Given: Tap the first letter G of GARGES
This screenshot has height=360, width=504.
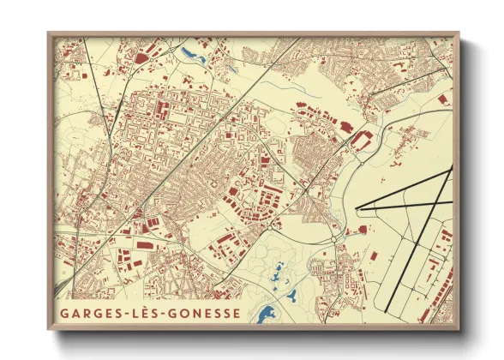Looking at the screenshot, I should point(64,313).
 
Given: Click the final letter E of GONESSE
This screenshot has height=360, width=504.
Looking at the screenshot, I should point(237,313).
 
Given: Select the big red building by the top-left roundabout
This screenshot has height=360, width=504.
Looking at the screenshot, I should point(141,58).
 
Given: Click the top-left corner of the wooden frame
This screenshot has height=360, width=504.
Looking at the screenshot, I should point(49,33).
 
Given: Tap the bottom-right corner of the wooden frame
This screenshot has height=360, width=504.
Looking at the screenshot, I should point(459,329).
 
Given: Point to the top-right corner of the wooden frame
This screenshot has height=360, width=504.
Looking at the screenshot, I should point(459,33).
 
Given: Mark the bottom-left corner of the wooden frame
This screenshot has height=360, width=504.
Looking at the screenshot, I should point(49,329).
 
